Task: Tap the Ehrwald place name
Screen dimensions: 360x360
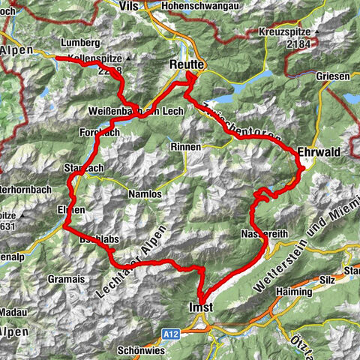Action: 319,151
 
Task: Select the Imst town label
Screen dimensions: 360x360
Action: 200,307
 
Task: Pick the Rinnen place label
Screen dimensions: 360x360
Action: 185,147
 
